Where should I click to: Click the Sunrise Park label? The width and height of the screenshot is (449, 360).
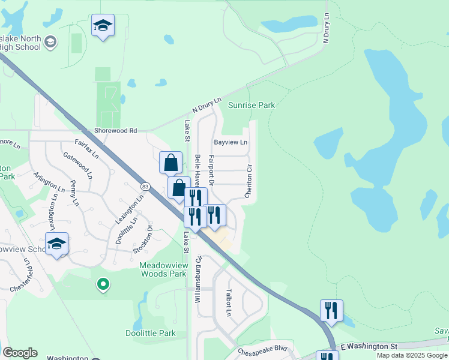point(251,105)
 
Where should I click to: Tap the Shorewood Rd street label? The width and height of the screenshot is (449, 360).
point(116,130)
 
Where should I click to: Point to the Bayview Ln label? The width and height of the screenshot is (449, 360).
point(231,142)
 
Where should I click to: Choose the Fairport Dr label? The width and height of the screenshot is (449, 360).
point(211,170)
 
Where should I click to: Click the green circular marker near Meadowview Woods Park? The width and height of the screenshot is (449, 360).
point(103,284)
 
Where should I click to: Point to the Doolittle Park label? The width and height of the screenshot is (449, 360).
point(151,333)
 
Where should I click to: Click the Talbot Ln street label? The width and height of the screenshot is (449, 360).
point(229,304)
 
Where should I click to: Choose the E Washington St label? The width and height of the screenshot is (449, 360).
point(369,347)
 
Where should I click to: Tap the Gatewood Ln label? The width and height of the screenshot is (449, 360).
point(78,165)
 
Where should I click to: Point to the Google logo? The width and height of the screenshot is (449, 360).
point(20,353)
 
